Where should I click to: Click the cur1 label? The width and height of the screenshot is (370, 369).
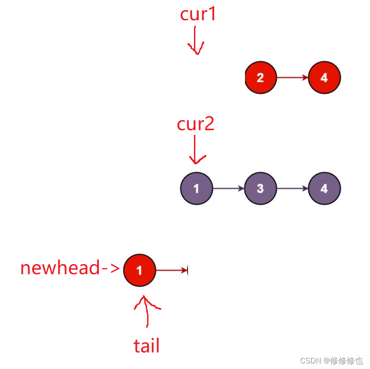pyautogui.click(x=198, y=15)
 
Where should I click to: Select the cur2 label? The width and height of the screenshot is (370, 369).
pyautogui.click(x=196, y=124)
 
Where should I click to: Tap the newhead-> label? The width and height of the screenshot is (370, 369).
pyautogui.click(x=70, y=268)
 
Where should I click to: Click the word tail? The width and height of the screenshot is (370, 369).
pyautogui.click(x=147, y=346)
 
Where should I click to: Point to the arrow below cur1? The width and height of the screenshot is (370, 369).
pyautogui.click(x=196, y=40)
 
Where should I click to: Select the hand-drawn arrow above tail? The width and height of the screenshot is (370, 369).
pyautogui.click(x=147, y=313)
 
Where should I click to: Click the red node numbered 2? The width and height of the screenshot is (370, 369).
pyautogui.click(x=260, y=78)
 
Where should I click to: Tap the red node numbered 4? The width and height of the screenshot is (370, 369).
pyautogui.click(x=324, y=78)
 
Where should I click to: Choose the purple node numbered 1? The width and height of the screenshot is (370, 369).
pyautogui.click(x=196, y=189)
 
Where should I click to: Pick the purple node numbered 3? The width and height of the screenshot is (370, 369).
pyautogui.click(x=260, y=189)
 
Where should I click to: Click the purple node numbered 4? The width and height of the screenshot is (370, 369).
pyautogui.click(x=324, y=189)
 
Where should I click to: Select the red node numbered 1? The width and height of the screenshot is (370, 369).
pyautogui.click(x=140, y=270)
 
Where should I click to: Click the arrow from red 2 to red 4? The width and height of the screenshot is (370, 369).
pyautogui.click(x=292, y=78)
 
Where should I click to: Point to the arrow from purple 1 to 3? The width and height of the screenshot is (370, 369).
pyautogui.click(x=228, y=189)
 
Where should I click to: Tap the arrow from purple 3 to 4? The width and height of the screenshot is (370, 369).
pyautogui.click(x=292, y=189)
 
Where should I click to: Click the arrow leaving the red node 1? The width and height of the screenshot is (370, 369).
pyautogui.click(x=172, y=270)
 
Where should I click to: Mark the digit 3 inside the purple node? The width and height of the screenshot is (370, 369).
pyautogui.click(x=260, y=189)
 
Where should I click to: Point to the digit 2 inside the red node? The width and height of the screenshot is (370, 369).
pyautogui.click(x=260, y=78)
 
